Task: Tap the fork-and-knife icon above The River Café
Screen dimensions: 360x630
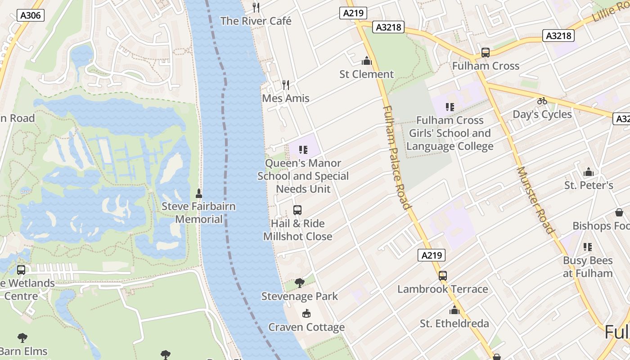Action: [256, 7]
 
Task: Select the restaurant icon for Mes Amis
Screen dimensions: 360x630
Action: [285, 85]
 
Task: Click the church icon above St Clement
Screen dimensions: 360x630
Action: [367, 61]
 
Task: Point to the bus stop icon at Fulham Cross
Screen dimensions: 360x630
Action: [485, 53]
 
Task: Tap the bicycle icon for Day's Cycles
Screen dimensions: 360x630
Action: [542, 101]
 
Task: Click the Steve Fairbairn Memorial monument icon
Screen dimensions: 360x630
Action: [199, 193]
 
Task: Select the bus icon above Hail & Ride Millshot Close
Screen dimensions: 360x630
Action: [297, 210]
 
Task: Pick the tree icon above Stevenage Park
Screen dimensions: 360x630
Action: [299, 283]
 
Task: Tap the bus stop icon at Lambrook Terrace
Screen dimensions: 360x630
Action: [443, 276]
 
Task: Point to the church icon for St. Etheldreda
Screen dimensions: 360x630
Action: [454, 310]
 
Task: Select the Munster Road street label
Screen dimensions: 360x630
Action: [535, 200]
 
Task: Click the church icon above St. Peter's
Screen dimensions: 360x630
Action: [588, 172]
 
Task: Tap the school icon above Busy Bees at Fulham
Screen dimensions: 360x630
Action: [587, 247]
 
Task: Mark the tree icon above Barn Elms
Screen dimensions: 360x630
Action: [22, 338]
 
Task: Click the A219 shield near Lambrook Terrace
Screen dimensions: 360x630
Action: [432, 256]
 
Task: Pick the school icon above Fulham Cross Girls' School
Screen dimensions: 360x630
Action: [450, 107]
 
